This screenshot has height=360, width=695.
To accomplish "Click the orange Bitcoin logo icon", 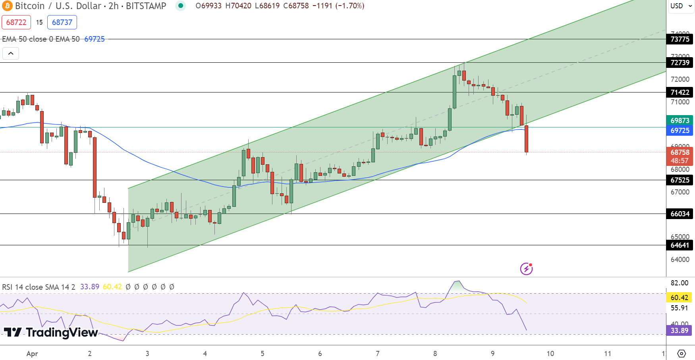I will coord(7,6).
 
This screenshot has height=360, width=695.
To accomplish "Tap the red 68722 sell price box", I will coord(16,22).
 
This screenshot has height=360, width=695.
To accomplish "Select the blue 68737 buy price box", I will coord(62,22).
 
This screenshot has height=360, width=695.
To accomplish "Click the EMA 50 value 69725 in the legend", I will coord(95,39).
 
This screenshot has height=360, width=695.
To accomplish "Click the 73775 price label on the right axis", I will coord(680,39).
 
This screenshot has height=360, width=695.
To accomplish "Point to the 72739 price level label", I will coord(680,62).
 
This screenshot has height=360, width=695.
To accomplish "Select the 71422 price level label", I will coord(680,92).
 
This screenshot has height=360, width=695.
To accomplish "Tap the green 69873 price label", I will coord(680,120).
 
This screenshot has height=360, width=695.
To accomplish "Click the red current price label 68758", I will coord(680,152).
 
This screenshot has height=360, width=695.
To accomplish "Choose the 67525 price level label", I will coord(680,180).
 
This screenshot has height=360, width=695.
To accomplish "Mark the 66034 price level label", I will coord(680,214).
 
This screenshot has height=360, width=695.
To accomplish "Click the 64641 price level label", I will coord(680,245).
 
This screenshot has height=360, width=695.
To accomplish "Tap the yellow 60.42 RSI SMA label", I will coord(679,297).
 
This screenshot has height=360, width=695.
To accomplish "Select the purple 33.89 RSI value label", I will coord(679,330).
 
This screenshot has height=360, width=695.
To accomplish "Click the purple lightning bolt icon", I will coord(526,269).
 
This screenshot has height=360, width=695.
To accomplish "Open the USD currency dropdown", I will coord(681,6).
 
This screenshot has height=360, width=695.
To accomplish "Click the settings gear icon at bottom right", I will coord(681,353).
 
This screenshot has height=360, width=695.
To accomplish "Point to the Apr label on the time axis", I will coord(32,353).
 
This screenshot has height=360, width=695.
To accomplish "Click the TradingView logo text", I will coord(51,332).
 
